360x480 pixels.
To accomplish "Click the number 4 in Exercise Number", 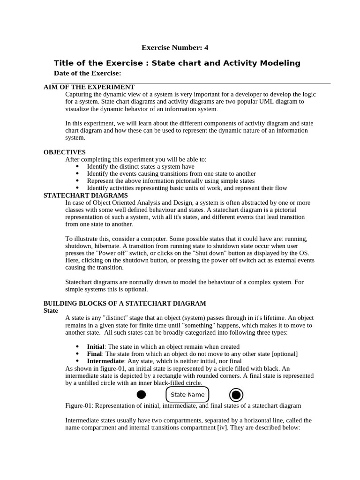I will [x=206, y=47].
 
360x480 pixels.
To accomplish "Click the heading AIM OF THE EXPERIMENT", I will [x=89, y=87].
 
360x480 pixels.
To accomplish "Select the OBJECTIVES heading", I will [x=65, y=152].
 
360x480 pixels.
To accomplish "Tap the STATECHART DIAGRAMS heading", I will [x=86, y=195].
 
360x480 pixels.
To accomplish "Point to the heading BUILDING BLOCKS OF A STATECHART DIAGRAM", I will [x=125, y=303].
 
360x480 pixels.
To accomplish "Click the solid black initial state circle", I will [x=141, y=395].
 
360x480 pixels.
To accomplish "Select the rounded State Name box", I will [x=187, y=395].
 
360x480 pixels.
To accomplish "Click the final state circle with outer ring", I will [x=236, y=395].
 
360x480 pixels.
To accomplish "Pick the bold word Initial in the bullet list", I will [x=96, y=346].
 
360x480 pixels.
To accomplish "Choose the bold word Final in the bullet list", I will [x=95, y=354].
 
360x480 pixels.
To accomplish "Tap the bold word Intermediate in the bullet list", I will [x=105, y=361].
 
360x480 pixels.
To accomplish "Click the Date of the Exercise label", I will [x=88, y=73].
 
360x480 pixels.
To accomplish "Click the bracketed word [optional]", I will [x=285, y=354].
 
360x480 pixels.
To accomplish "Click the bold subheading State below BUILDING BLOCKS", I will [x=51, y=311].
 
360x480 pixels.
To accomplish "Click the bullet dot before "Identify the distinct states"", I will [x=77, y=166].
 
